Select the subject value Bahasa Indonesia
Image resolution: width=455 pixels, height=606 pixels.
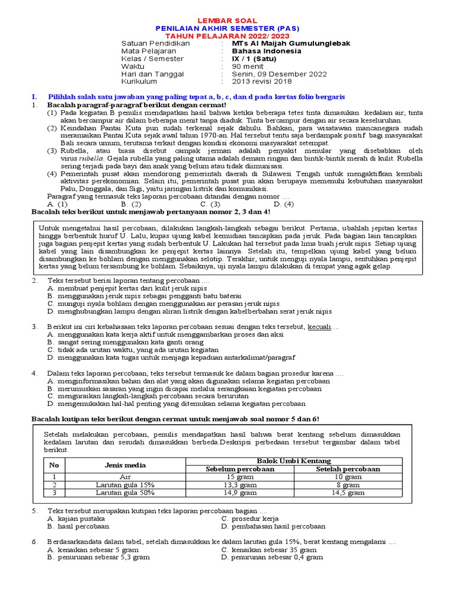pyautogui.click(x=266, y=51)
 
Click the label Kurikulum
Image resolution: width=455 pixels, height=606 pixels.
pyautogui.click(x=139, y=82)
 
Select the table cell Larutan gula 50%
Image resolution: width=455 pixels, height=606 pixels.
pyautogui.click(x=125, y=492)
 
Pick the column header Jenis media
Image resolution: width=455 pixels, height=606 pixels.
pyautogui.click(x=125, y=465)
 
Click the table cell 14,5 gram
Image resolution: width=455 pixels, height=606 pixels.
pyautogui.click(x=347, y=492)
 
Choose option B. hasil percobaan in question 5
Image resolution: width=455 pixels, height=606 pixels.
pyautogui.click(x=78, y=526)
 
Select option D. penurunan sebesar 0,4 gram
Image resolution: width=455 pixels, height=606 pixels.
pyautogui.click(x=272, y=557)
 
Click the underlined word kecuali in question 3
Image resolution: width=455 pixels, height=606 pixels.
pyautogui.click(x=321, y=327)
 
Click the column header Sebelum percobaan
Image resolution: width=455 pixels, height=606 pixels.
pyautogui.click(x=240, y=469)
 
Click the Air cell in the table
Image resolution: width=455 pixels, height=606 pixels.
pyautogui.click(x=125, y=476)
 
